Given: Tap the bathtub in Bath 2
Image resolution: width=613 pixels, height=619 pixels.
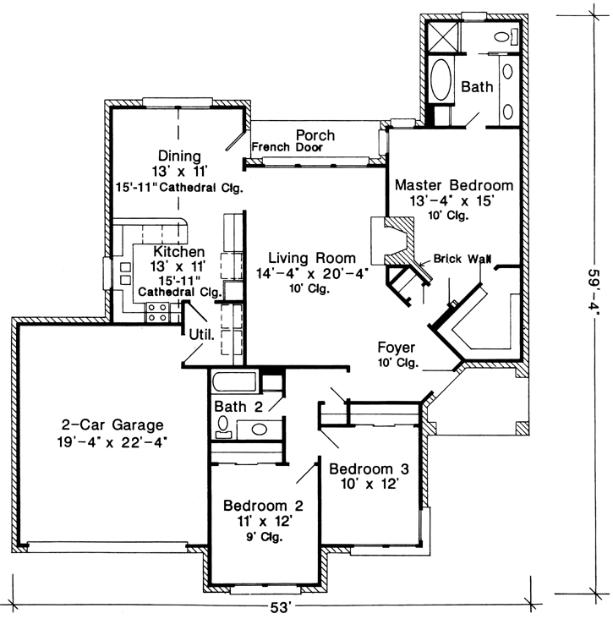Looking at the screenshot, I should click(234, 381).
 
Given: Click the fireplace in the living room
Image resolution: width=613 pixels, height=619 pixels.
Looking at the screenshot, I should click(392, 241).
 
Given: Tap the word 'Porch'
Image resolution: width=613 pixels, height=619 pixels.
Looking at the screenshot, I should click(315, 134).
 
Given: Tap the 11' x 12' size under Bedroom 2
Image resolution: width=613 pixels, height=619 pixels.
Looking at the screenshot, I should click(263, 521).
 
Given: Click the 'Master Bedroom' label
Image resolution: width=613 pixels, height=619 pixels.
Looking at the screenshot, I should click(453, 184).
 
